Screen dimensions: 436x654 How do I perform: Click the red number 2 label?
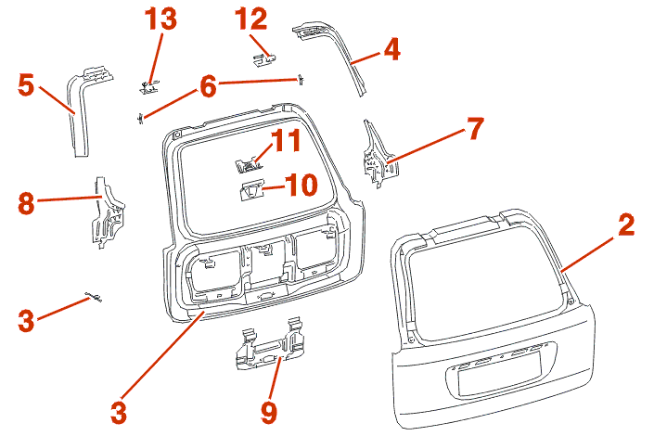(627, 224)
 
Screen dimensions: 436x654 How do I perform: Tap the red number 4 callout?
(391, 48)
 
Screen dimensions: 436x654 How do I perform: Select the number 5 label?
(27, 85)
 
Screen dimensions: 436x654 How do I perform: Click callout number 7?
(474, 128)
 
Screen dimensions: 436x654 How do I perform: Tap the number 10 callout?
(301, 185)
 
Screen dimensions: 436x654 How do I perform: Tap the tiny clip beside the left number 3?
(94, 297)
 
